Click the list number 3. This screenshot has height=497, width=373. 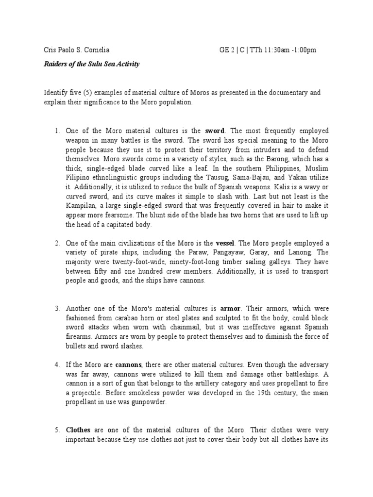[x=57, y=309]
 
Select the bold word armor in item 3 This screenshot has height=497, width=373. [x=230, y=309]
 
